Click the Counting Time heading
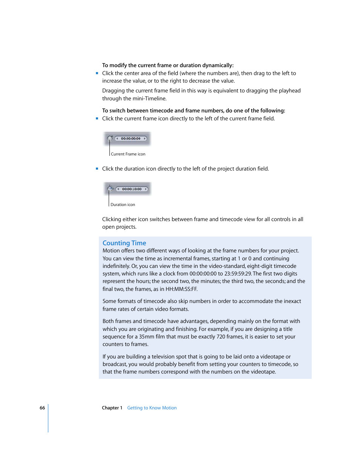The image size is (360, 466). [124, 243]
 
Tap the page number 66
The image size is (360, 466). [42, 408]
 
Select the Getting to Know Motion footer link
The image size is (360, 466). [152, 408]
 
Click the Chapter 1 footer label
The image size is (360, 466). [112, 408]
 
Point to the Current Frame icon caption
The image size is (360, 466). [128, 154]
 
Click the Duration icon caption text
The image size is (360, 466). [123, 205]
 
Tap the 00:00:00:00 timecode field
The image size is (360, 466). [131, 138]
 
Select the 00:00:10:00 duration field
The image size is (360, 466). [132, 189]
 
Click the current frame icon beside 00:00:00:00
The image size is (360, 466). [110, 138]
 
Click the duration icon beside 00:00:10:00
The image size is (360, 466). [109, 189]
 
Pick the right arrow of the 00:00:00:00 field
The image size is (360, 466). [145, 138]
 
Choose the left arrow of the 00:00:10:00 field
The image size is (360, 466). [118, 189]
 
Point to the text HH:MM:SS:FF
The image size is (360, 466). [182, 289]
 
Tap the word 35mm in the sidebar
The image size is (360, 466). [146, 337]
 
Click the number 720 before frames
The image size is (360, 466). [221, 337]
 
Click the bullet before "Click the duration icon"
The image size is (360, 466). [97, 169]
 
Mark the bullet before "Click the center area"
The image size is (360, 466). [97, 73]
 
